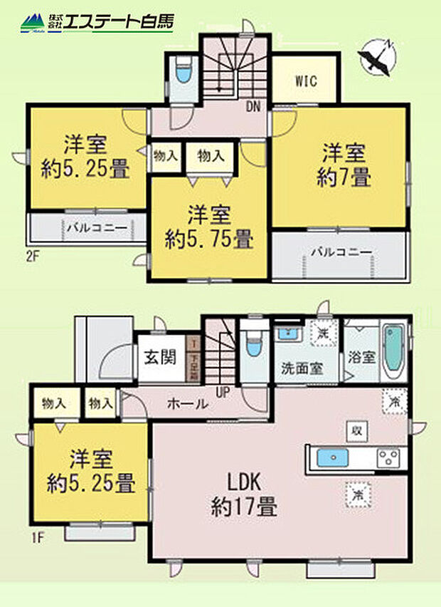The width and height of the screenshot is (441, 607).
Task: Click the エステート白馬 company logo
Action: [96, 21]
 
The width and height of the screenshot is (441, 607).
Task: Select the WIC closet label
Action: [306, 79]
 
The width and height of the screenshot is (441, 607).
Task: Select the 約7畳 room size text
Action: [344, 177]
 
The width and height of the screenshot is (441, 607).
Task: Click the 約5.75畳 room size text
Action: [210, 239]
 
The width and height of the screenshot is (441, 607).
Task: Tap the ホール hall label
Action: [188, 404]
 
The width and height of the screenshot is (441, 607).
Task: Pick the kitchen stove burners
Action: [390, 457]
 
